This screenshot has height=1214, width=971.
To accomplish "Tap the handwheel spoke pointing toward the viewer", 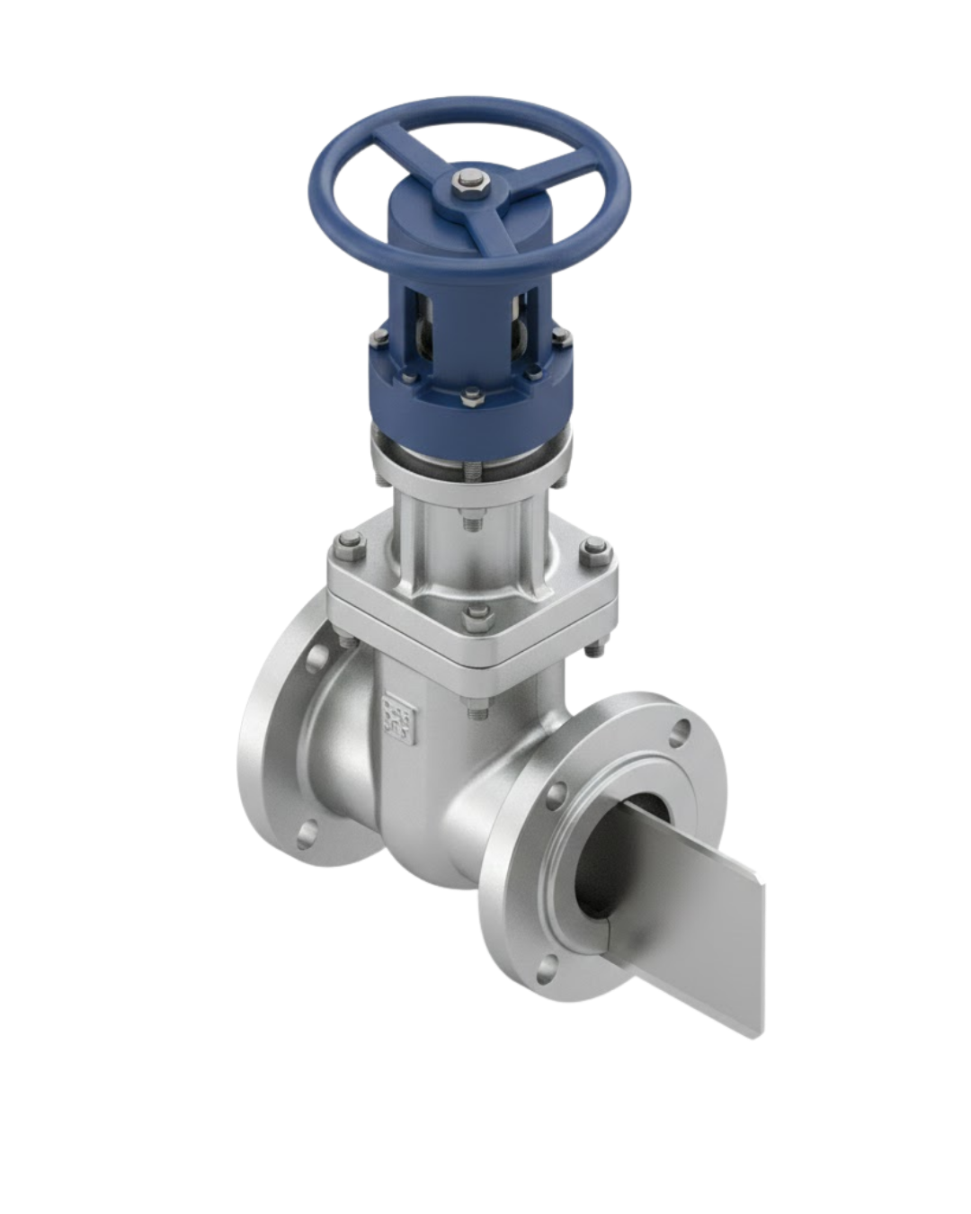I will click(493, 236).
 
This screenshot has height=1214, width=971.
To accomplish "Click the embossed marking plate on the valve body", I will click(399, 718).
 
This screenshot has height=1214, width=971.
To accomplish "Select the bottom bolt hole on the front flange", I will click(544, 968).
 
